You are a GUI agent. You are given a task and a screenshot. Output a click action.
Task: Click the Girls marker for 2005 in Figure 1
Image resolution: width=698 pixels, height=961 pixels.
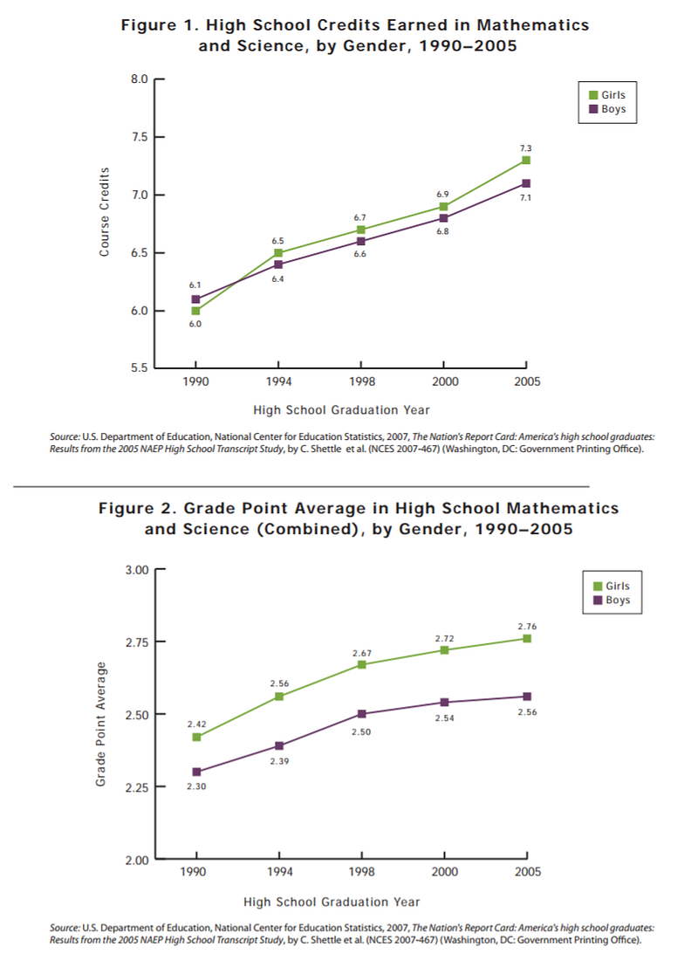click(526, 161)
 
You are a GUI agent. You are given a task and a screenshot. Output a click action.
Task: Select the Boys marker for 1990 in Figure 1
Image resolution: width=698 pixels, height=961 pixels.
click(195, 299)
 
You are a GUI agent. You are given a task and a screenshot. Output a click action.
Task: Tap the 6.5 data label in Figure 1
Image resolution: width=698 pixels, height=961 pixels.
click(277, 239)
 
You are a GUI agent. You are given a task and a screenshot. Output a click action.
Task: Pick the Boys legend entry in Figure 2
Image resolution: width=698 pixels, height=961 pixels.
click(611, 601)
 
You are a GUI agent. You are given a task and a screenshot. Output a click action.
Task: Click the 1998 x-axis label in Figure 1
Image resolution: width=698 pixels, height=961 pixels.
click(360, 382)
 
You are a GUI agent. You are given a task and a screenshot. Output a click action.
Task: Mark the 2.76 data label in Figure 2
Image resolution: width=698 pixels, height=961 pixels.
click(527, 626)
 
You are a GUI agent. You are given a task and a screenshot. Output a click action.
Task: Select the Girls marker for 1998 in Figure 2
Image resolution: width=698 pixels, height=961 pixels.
click(360, 664)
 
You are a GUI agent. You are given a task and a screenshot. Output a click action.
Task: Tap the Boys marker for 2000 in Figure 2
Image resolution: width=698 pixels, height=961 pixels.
click(443, 702)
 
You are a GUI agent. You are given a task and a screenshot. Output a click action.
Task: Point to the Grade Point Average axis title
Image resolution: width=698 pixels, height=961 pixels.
click(100, 724)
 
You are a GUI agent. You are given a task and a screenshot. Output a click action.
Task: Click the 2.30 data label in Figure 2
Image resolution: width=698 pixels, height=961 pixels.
click(195, 786)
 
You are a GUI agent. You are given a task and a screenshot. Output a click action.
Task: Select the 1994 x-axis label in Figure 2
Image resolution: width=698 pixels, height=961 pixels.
click(278, 872)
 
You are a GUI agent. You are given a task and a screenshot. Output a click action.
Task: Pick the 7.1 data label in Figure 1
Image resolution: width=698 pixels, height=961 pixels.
click(526, 198)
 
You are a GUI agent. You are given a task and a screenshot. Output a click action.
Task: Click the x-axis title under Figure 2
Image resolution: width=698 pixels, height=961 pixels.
click(332, 902)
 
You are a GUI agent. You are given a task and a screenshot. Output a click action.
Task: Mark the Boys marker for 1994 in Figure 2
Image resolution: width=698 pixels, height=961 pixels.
click(278, 745)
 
